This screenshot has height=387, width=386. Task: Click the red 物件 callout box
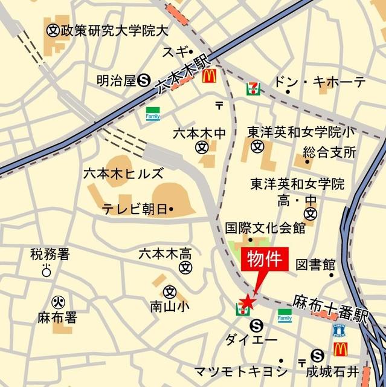pos(266,261)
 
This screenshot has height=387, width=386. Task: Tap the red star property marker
pos(248,300)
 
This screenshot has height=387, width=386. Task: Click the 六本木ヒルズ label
pos(123,174)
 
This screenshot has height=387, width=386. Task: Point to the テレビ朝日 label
pos(135,209)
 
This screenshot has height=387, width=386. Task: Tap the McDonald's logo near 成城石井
pos(340,349)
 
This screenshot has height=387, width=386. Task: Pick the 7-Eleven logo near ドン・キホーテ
pos(253,88)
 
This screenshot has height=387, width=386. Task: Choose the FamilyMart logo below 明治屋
pos(152,113)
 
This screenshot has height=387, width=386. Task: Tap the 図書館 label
pos(315,264)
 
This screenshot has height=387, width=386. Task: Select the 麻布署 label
pos(56,316)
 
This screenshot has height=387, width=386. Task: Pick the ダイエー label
pos(250,340)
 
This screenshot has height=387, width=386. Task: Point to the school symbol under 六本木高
pos(187,266)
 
